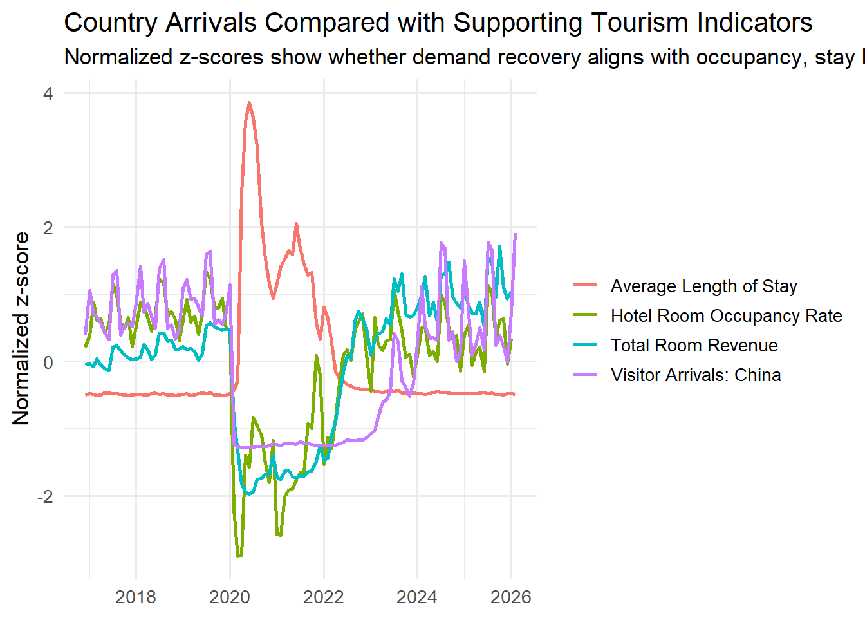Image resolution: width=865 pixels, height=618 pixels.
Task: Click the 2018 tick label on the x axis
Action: point(135,597)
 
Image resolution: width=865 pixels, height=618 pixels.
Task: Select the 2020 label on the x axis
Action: point(230,597)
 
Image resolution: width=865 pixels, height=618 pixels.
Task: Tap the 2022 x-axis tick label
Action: point(324,597)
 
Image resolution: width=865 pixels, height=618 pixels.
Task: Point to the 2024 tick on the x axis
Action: point(417,597)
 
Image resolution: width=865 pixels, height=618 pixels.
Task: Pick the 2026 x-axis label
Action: point(511,597)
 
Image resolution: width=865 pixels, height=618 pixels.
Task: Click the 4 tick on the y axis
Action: point(48,93)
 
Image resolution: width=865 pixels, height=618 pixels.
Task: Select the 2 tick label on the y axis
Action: point(48,227)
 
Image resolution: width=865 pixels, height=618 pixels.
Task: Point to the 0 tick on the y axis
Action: point(48,362)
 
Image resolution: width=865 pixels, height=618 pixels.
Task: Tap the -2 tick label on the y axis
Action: point(45,496)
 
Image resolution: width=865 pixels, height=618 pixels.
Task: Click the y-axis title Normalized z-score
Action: point(21,328)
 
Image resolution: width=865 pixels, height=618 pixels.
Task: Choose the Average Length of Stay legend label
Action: point(703,286)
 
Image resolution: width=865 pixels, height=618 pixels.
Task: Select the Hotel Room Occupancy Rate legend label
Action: point(726,316)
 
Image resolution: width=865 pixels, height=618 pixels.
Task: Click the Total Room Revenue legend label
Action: point(694,346)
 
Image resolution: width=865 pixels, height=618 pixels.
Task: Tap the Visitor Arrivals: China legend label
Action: point(695,375)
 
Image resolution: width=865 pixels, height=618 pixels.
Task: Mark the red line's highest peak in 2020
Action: point(249,102)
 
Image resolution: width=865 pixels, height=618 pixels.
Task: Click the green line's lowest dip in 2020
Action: point(239,557)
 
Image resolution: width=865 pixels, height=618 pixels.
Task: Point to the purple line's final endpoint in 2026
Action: point(516,234)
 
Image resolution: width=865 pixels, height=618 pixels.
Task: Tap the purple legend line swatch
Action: point(585,375)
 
